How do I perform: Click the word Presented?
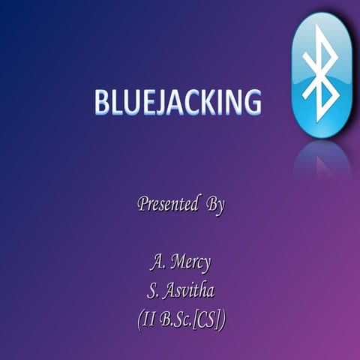[x=163, y=204]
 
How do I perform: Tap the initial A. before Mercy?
[x=156, y=263]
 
